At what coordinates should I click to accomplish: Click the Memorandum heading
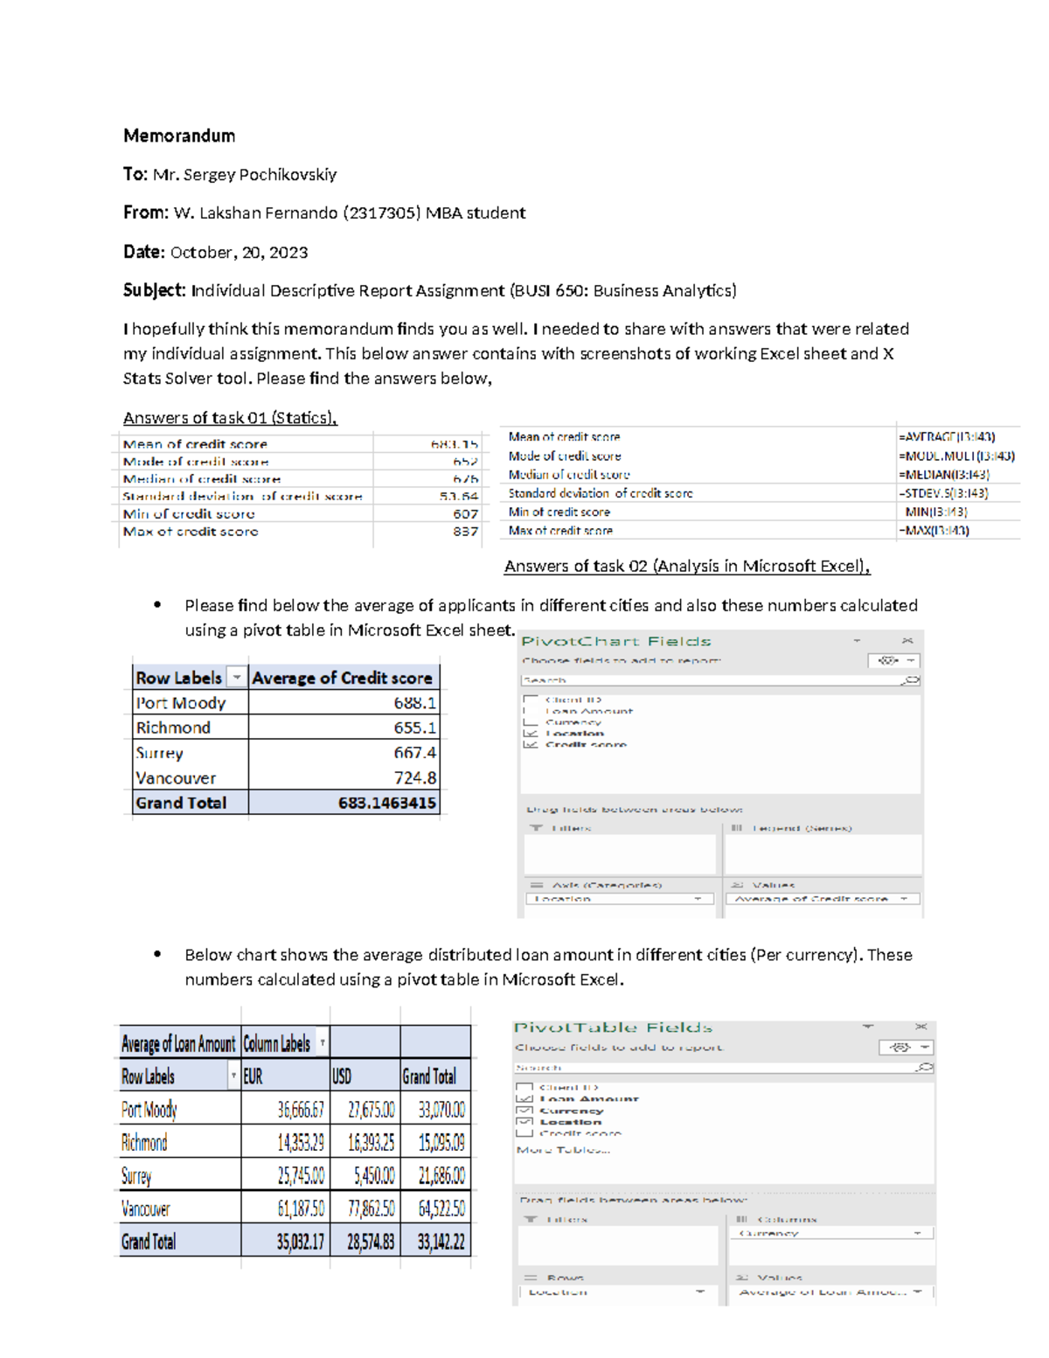[179, 136]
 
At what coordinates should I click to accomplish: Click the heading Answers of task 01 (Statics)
[230, 418]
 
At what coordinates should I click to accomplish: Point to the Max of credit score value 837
[465, 532]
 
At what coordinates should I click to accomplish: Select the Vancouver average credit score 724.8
[414, 777]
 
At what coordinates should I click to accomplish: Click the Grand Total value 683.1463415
[386, 803]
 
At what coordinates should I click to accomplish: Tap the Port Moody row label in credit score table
[181, 703]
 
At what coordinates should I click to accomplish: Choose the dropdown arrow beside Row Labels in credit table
[236, 678]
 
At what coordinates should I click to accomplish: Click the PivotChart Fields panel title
[616, 641]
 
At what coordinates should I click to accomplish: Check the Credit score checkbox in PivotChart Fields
[531, 745]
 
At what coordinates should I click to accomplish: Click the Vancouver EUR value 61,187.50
[301, 1209]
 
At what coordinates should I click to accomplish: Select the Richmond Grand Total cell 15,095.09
[441, 1143]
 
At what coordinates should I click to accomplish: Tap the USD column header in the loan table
[342, 1076]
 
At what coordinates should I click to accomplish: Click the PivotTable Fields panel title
[613, 1027]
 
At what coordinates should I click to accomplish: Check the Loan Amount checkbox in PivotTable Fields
[524, 1099]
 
